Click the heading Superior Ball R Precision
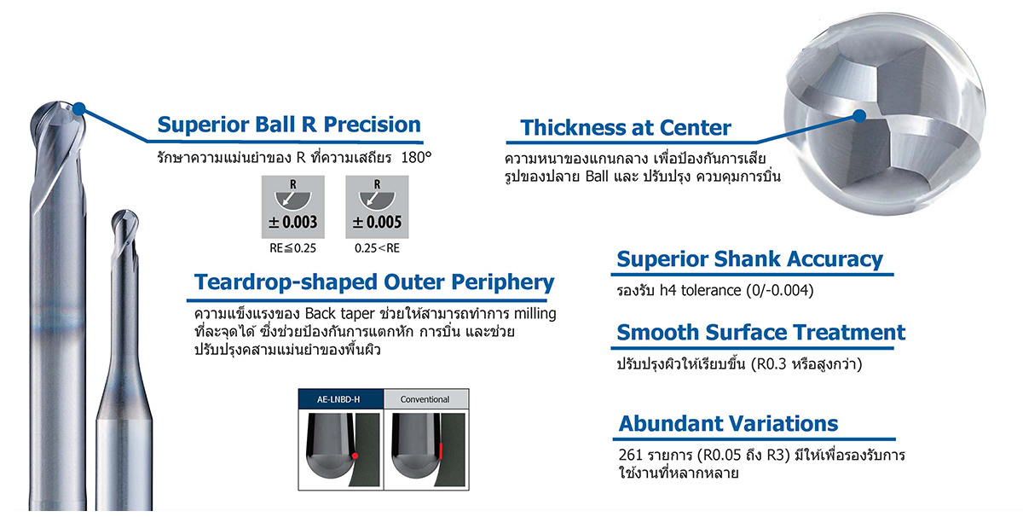point(289,125)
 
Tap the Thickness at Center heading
point(625,127)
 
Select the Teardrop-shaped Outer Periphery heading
point(374,282)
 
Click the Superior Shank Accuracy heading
point(750,259)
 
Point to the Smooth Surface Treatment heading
point(760,333)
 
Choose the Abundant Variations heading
point(728,424)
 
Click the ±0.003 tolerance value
point(292,222)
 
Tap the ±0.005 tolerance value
point(377,222)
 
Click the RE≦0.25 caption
point(292,248)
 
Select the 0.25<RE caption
point(377,248)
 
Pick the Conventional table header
point(425,399)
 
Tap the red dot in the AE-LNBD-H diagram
point(355,456)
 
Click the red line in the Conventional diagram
point(441,450)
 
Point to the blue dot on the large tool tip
point(79,109)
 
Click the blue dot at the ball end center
point(859,116)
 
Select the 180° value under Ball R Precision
point(416,158)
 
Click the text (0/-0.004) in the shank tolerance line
point(779,291)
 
